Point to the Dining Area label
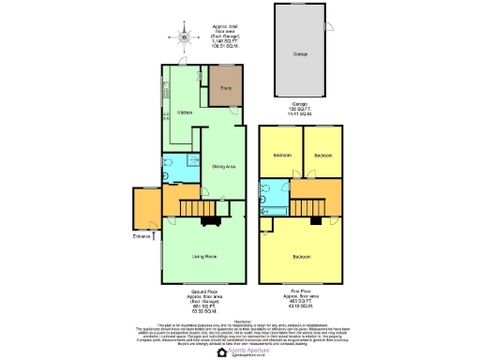click(x=223, y=166)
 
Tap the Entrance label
click(x=142, y=236)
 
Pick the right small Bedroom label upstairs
click(x=323, y=155)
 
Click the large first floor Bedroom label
click(x=301, y=256)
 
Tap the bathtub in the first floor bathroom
click(x=274, y=211)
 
